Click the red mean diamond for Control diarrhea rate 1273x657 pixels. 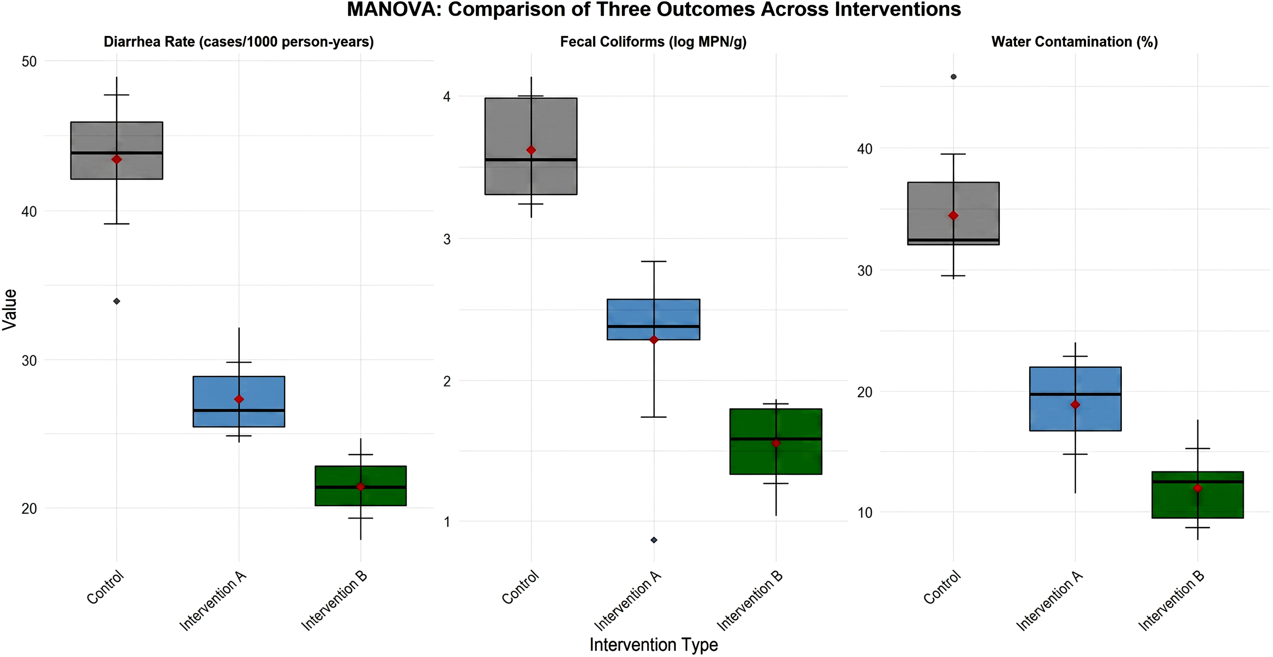click(x=117, y=159)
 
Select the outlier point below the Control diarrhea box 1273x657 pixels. click(x=117, y=301)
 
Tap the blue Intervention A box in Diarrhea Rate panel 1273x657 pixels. click(x=239, y=401)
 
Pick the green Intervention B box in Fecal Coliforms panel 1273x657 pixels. click(x=776, y=442)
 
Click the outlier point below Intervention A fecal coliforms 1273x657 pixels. click(x=654, y=540)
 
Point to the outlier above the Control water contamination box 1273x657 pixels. click(x=953, y=77)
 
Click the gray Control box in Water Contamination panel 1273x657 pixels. click(x=953, y=214)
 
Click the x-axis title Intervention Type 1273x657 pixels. click(x=654, y=645)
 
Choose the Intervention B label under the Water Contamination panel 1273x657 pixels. click(x=1171, y=601)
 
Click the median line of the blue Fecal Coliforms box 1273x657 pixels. click(x=653, y=326)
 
